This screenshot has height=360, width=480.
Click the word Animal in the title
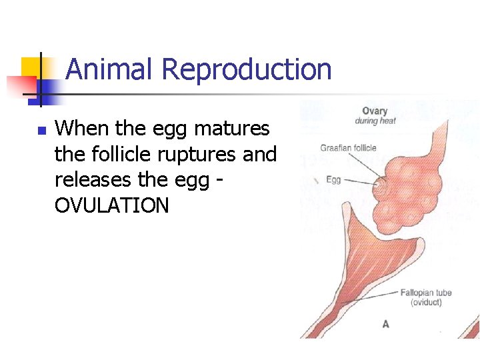point(110,69)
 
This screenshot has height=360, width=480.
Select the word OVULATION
point(112,206)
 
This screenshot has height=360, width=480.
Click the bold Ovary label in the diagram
point(375,111)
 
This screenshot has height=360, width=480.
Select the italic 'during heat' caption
point(375,121)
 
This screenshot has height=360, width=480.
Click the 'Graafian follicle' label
point(348,148)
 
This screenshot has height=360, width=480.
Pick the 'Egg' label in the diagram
point(334,179)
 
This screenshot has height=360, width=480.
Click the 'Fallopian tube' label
point(426,293)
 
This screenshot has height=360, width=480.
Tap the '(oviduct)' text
point(426,303)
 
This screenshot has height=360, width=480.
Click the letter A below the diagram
point(385,324)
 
